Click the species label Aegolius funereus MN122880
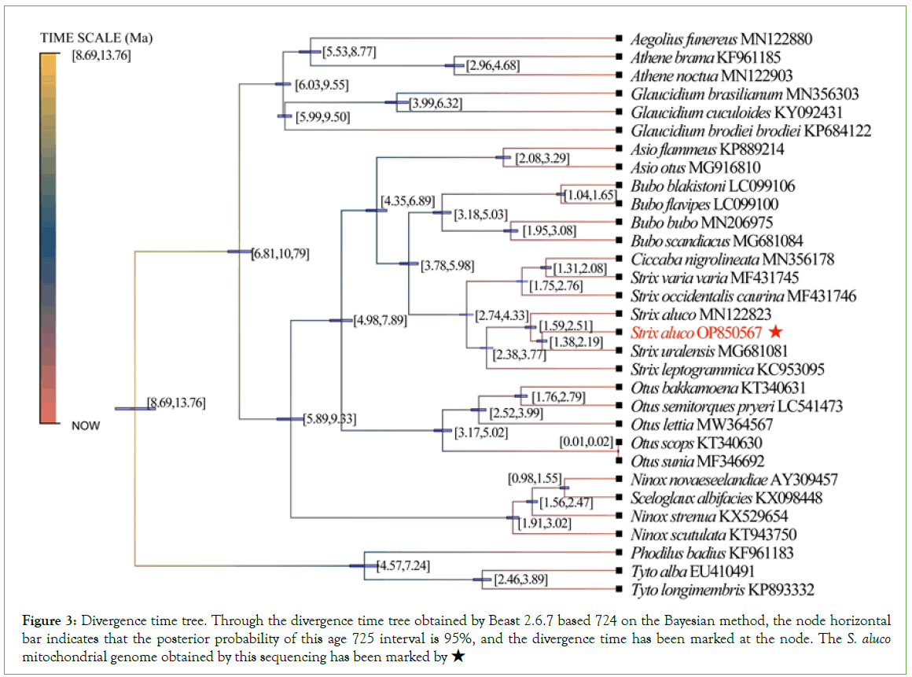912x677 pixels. (x=721, y=39)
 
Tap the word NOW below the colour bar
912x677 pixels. (x=86, y=425)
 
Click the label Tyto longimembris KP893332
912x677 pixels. (x=722, y=590)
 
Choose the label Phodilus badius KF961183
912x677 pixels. (x=712, y=554)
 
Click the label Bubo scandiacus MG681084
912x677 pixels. (x=716, y=241)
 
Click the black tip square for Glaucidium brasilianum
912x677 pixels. (x=620, y=94)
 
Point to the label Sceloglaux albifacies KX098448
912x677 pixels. (x=725, y=498)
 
